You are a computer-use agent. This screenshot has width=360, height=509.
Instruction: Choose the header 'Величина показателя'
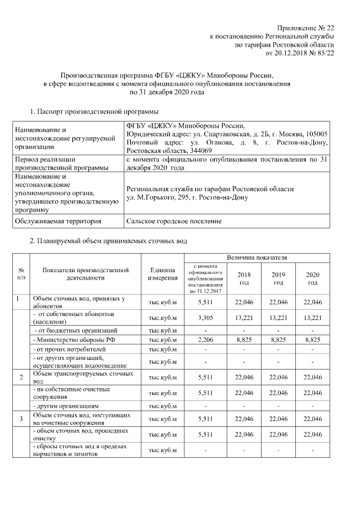[256, 258]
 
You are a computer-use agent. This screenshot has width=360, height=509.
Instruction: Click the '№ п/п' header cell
[21, 274]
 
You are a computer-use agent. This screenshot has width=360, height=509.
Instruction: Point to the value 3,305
[208, 317]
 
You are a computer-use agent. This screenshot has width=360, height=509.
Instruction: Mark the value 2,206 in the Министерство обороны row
[208, 340]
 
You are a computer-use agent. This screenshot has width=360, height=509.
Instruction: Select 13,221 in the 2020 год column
[312, 317]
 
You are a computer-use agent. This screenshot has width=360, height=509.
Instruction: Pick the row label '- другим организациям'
[67, 406]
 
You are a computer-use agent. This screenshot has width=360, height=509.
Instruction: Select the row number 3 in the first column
[21, 418]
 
